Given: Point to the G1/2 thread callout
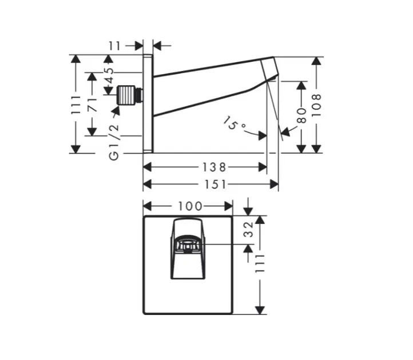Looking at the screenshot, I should (x=114, y=139).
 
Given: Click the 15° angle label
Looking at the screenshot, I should (x=234, y=123).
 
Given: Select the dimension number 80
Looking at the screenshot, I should (x=301, y=117).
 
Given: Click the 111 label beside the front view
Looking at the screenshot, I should (x=260, y=265).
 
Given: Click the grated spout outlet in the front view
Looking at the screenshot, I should (x=188, y=246).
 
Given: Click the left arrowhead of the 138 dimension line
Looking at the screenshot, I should (x=146, y=167).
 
